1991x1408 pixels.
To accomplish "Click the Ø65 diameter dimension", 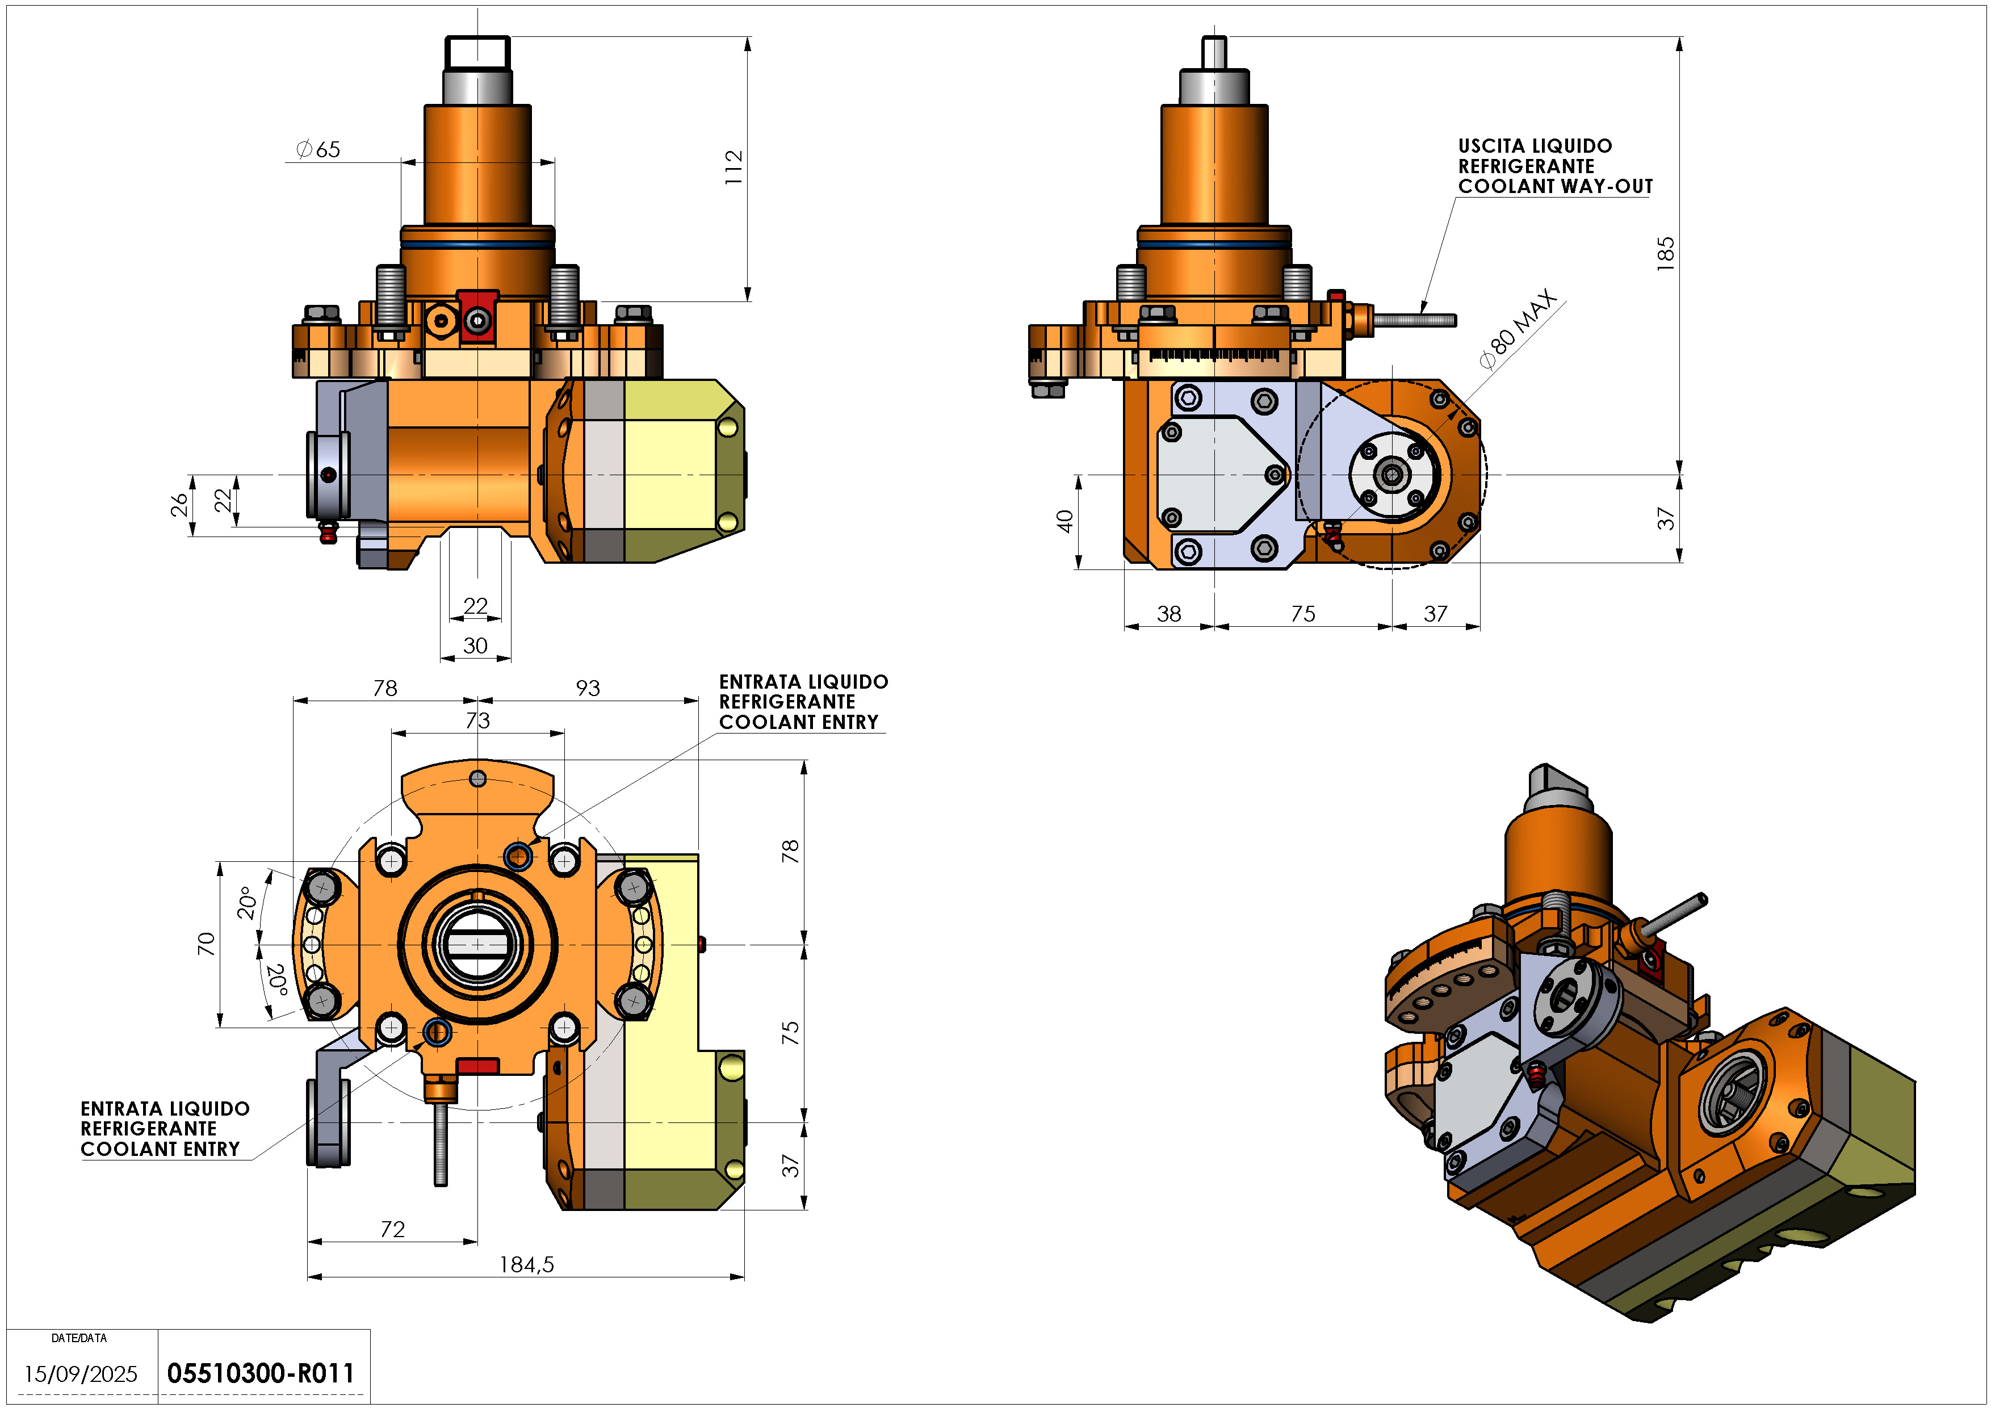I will click(x=318, y=150).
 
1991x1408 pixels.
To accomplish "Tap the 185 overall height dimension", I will click(x=1665, y=254).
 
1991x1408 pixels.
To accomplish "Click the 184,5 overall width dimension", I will click(x=526, y=1265).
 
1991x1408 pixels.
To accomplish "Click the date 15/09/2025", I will click(x=81, y=1374).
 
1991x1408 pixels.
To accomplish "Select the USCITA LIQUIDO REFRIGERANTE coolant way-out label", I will click(x=1554, y=166).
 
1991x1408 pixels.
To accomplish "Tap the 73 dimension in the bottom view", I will click(x=478, y=720).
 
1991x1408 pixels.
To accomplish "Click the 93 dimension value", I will click(x=588, y=689).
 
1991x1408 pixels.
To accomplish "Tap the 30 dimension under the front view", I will click(x=475, y=646).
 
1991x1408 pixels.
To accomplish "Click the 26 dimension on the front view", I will click(x=179, y=505).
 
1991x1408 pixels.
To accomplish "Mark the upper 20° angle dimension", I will click(x=247, y=903).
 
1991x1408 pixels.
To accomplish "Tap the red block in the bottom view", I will click(x=477, y=1066).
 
